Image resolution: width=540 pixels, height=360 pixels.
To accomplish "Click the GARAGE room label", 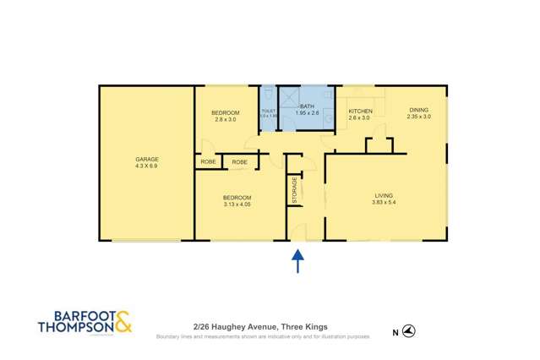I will click(147, 159).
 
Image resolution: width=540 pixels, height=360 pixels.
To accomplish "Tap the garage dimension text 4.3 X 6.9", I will click(147, 166).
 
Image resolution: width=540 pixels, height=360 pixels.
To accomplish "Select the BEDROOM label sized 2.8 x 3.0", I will click(225, 112).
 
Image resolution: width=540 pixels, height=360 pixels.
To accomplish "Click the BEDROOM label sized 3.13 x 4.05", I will click(237, 197).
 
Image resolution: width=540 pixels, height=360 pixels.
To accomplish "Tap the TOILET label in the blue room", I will click(269, 111).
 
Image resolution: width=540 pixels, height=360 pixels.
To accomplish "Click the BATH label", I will click(307, 106).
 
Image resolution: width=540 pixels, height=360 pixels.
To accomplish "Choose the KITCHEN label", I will click(361, 111).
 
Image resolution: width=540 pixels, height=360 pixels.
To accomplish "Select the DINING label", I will click(419, 109).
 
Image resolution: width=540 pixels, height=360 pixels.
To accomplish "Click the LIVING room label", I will click(385, 197).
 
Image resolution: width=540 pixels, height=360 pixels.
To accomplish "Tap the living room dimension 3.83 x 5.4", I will click(385, 205).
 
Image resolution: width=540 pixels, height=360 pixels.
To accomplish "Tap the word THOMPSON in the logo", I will click(74, 328).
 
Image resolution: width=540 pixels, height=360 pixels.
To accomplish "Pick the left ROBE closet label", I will click(208, 161).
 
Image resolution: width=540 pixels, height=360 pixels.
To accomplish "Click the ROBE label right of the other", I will click(240, 161).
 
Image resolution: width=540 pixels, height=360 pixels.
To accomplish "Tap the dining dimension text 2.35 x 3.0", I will click(419, 117).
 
